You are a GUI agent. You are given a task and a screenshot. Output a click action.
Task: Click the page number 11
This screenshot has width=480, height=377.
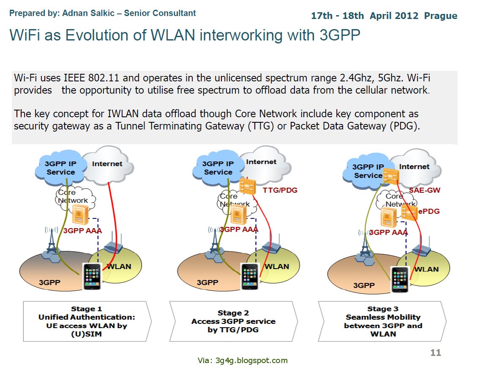point(435,353)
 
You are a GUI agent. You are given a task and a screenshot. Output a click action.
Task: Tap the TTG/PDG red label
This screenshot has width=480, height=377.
point(280,190)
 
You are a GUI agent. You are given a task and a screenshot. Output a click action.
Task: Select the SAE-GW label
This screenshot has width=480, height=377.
point(424,190)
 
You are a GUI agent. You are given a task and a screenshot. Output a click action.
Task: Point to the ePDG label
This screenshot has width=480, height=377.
point(429,211)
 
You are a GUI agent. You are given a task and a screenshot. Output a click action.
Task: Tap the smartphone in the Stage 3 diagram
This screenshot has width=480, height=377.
point(400,279)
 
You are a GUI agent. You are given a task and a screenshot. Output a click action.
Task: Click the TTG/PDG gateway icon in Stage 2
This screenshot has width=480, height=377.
point(248,186)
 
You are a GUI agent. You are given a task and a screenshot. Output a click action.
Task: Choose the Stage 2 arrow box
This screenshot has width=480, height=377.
point(233,321)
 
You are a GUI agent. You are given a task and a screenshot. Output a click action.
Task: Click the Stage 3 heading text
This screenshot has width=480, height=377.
point(383,309)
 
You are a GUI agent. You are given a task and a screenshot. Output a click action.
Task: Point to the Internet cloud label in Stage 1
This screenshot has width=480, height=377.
point(107,164)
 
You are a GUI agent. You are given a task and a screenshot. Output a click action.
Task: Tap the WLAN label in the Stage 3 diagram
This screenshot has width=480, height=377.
point(426,269)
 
